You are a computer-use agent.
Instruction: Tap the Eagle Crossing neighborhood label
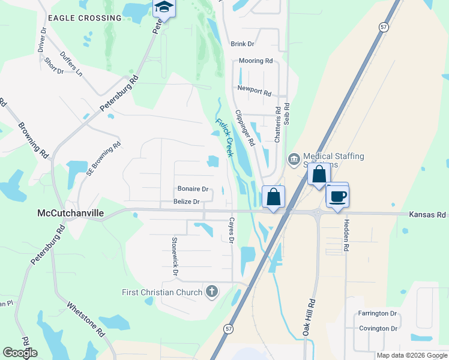85,18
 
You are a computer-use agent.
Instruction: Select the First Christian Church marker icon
211,292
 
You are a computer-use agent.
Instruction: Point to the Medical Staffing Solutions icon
294,159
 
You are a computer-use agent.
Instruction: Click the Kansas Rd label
427,214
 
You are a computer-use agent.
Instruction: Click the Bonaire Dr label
193,189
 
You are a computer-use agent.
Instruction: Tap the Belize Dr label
186,202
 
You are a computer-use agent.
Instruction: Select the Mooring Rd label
256,61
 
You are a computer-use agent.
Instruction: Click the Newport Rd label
255,88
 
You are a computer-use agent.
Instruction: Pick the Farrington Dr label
378,314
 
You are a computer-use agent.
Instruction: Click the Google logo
20,353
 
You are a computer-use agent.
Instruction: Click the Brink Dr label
243,44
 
